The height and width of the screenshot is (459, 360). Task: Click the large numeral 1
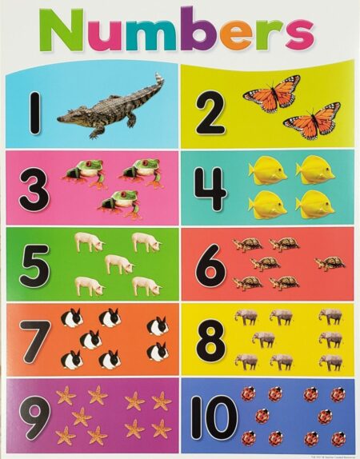click(35, 113)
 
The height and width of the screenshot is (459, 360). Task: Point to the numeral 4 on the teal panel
click(210, 190)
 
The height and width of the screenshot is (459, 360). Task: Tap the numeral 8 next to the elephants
click(210, 339)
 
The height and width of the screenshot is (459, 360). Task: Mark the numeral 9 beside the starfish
click(34, 415)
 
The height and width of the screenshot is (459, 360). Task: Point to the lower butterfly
click(312, 122)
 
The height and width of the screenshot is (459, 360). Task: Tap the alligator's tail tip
click(159, 78)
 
